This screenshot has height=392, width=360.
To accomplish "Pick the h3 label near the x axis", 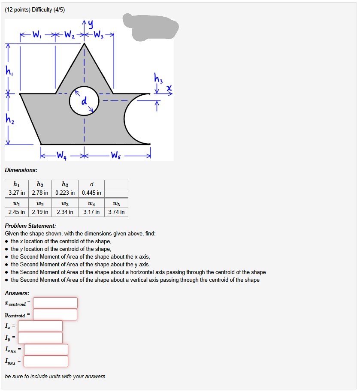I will pos(158,78).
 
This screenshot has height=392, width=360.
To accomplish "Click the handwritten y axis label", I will pos(91,25).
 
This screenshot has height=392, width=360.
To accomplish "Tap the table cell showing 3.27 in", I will pos(16,193).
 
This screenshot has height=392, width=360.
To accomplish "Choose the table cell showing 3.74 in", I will pos(116,212).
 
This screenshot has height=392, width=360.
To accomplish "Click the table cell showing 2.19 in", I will pos(40,212).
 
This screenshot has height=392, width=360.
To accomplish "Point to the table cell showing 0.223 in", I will pos(65,193).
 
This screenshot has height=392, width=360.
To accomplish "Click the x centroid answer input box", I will pos(55,303).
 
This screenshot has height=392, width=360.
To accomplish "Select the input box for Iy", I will pos(40,338).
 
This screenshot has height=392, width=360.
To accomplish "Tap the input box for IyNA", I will pos(45,361).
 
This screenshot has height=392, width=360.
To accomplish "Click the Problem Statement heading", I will pos(30,226).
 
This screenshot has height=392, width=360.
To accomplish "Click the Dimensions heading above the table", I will pos(21,170).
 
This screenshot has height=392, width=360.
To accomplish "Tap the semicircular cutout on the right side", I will pos(136,119).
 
